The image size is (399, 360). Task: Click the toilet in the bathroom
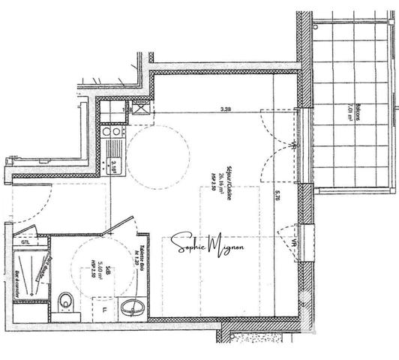coord(67,301)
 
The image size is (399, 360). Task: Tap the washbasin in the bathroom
coord(135,307)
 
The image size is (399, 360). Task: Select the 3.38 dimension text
coord(225,109)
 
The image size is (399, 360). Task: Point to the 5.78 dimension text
coord(278,196)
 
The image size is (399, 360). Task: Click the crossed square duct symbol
coord(139,107)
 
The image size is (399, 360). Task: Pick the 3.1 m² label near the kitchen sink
coord(114,164)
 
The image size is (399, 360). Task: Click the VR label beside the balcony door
coord(291,140)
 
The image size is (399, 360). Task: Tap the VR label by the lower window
coord(291,241)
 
